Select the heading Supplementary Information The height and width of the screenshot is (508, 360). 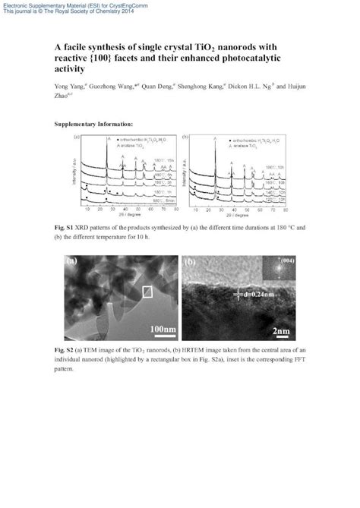click(x=95, y=123)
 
